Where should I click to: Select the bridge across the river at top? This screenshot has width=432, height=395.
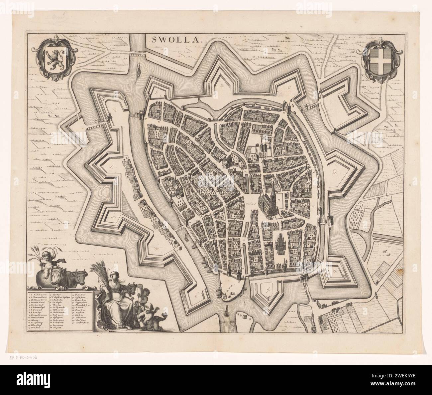pos(137,53)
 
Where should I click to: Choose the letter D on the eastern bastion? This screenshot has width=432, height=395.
pos(334,171)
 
